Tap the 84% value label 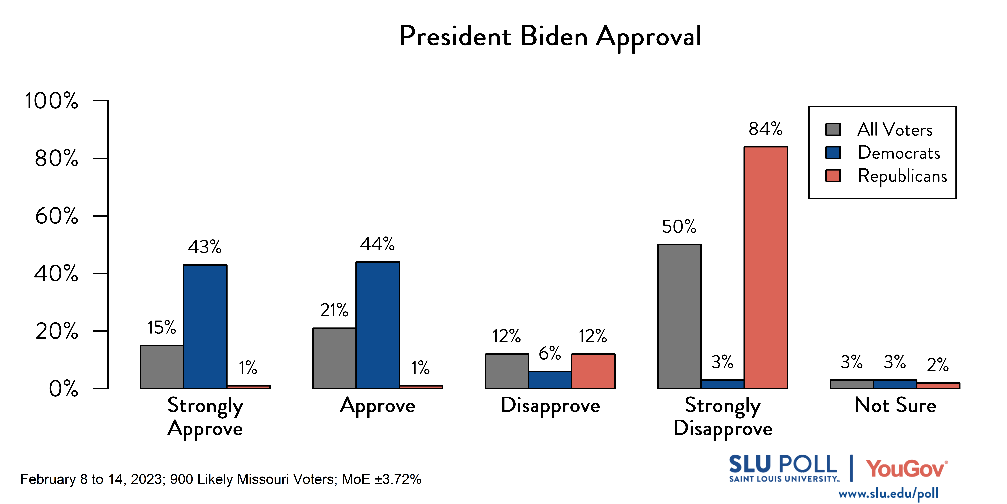[765, 129]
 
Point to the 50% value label [679, 227]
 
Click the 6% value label [550, 353]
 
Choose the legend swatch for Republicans [833, 176]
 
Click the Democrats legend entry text [899, 153]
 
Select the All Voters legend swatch [833, 129]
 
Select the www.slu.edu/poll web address [888, 493]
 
